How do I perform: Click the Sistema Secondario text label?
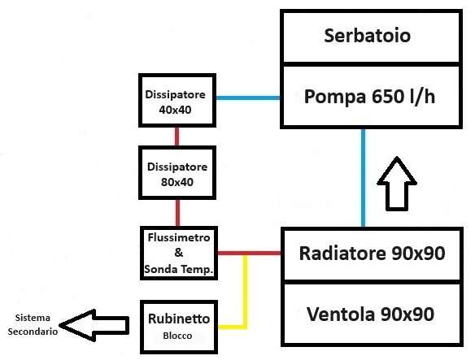point(33,324)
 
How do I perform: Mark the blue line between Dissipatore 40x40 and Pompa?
point(248,98)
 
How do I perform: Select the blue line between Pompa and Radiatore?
point(364,178)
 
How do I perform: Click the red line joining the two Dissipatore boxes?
point(177,137)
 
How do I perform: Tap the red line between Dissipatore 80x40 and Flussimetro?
point(177,213)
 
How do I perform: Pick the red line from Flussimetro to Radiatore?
point(250,253)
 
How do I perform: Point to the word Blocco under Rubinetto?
point(177,336)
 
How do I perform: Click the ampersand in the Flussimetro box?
point(179,252)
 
